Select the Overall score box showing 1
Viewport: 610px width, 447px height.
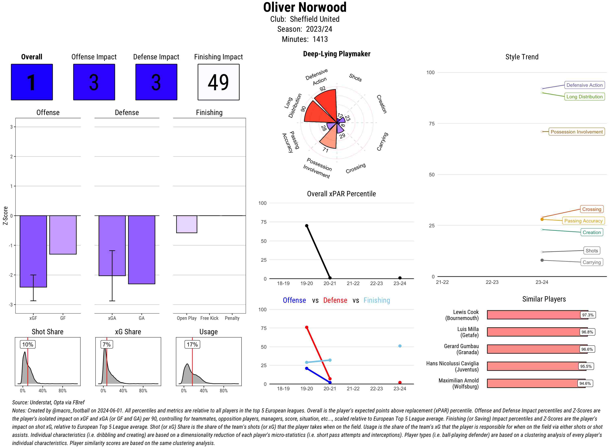pos(32,82)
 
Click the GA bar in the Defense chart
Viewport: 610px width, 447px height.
pos(142,250)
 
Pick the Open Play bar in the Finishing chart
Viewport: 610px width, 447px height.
pos(186,224)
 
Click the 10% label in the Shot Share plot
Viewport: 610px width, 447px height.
pos(28,344)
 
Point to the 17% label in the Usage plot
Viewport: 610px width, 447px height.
pos(192,344)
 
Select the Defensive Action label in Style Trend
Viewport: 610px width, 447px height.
pos(584,85)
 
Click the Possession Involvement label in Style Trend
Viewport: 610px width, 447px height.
pos(576,132)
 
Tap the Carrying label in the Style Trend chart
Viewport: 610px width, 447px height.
pos(591,262)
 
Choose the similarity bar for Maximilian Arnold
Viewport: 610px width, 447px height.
pos(536,383)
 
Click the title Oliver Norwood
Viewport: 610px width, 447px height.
pos(305,7)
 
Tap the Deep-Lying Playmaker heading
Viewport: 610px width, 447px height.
pos(337,54)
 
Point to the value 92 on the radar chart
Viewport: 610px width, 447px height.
pos(322,89)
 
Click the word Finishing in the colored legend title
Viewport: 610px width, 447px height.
pos(377,300)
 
